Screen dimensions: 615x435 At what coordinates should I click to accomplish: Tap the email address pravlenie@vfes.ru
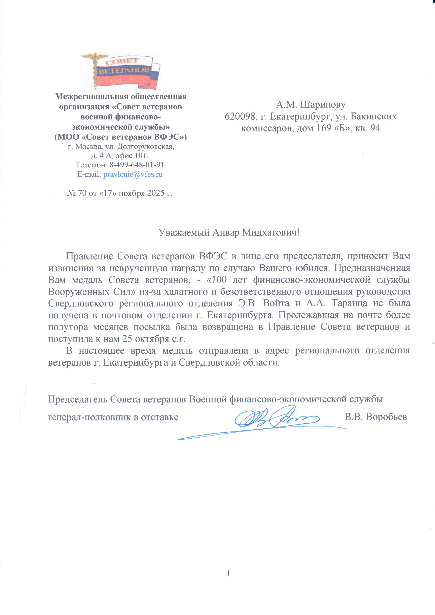pyautogui.click(x=133, y=174)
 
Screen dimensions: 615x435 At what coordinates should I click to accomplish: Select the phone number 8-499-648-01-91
pyautogui.click(x=136, y=165)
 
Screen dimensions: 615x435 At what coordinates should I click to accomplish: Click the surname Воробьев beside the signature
pyautogui.click(x=386, y=417)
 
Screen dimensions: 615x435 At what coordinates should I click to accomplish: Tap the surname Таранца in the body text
pyautogui.click(x=349, y=304)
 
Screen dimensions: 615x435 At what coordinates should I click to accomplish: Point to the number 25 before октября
pyautogui.click(x=127, y=339)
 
